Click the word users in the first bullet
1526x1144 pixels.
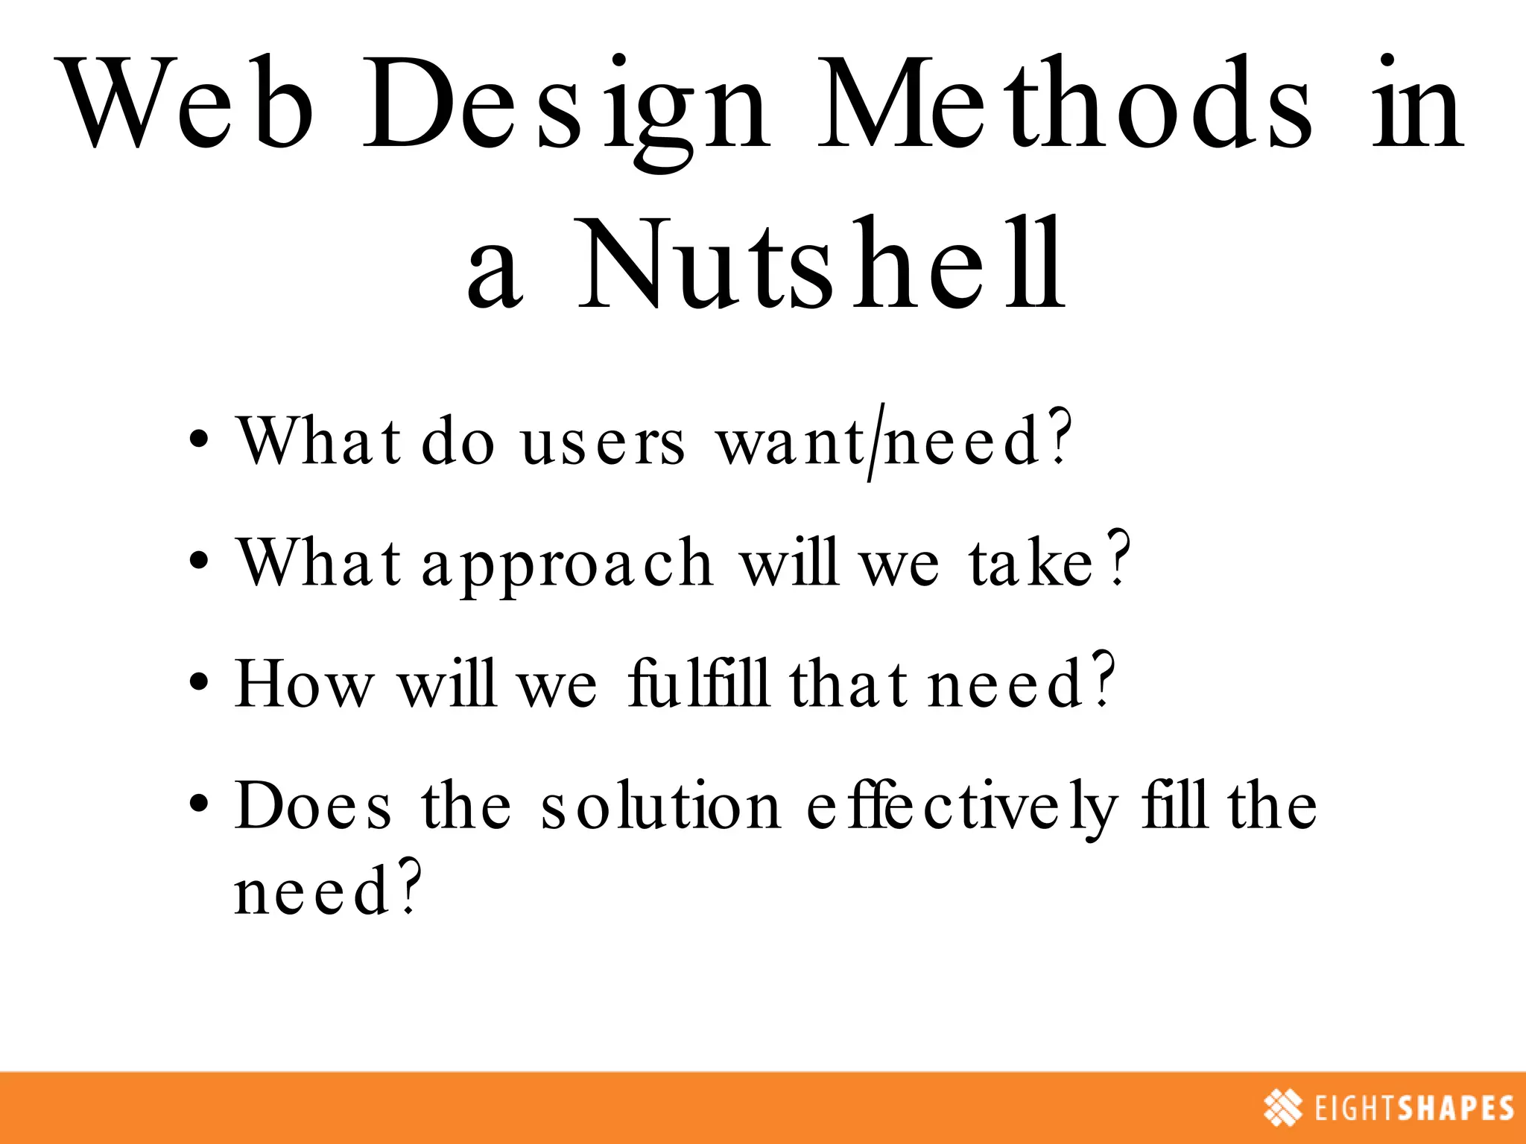pyautogui.click(x=602, y=442)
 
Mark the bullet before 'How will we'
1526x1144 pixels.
pyautogui.click(x=198, y=682)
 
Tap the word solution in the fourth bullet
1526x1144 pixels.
pyautogui.click(x=660, y=806)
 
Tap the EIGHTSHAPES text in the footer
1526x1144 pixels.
pyautogui.click(x=1414, y=1108)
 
